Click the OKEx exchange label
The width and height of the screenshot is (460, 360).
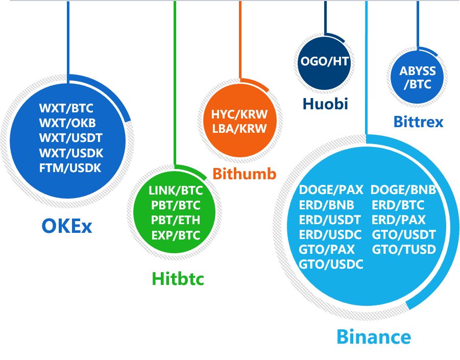tap(67, 226)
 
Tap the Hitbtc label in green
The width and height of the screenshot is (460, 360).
tap(178, 278)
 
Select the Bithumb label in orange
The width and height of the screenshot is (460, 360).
tap(245, 174)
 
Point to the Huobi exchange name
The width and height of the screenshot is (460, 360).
tap(325, 104)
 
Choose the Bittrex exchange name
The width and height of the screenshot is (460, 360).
tap(418, 122)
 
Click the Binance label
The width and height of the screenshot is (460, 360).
tap(374, 337)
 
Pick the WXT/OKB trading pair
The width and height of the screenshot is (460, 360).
tap(67, 123)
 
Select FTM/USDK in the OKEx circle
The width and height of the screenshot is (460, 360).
tap(70, 168)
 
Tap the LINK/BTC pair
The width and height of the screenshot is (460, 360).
tap(176, 190)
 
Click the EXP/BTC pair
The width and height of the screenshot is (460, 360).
tap(176, 235)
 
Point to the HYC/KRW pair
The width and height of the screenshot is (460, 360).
tap(239, 114)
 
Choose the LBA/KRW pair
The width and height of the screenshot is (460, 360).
tap(239, 129)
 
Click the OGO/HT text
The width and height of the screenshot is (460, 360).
tap(325, 61)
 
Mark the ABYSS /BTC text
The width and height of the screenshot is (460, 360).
tap(418, 78)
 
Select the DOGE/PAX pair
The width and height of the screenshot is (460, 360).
tap(331, 190)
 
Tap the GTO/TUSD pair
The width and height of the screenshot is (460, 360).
tap(404, 249)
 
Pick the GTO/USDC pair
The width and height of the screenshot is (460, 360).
tap(331, 265)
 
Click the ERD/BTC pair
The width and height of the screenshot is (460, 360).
tap(398, 205)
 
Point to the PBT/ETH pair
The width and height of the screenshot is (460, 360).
tap(176, 220)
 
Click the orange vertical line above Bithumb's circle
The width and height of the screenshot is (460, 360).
tap(240, 40)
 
